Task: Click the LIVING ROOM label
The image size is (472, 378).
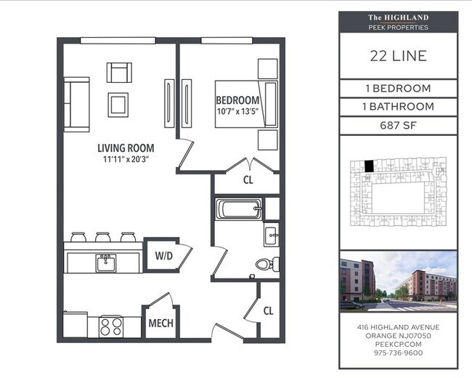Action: (x=126, y=148)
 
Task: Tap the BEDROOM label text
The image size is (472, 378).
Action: (x=237, y=100)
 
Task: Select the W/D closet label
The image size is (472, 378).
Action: (x=163, y=256)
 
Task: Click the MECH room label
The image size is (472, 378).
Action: (x=160, y=323)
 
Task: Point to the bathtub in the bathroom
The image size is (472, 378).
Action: (x=238, y=210)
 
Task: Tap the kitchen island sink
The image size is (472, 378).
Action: (x=106, y=260)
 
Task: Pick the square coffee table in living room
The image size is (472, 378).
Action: (x=118, y=105)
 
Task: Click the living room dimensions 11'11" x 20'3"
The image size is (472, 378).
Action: (x=126, y=160)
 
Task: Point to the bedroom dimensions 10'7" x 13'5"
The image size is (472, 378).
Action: (x=237, y=111)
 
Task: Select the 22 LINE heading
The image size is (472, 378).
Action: (x=397, y=56)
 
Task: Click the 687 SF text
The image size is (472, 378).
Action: (x=397, y=124)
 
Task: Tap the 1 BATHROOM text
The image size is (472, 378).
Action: (x=397, y=106)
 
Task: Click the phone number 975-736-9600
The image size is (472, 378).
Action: (x=397, y=353)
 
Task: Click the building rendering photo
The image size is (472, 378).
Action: (x=397, y=281)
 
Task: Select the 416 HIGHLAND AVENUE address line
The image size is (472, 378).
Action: (x=397, y=327)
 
